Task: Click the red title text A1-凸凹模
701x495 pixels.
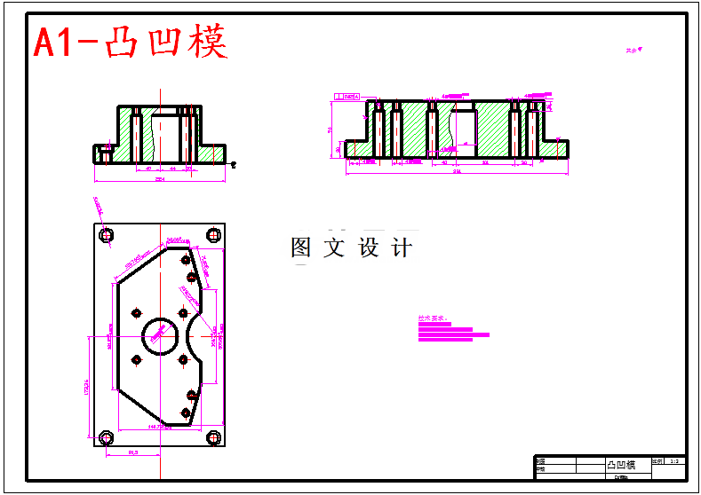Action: pyautogui.click(x=131, y=42)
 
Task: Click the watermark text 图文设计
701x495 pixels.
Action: pyautogui.click(x=352, y=248)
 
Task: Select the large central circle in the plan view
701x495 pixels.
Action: pyautogui.click(x=162, y=335)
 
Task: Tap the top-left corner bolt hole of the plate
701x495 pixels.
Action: pyautogui.click(x=107, y=236)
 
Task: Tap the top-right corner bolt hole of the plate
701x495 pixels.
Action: pyautogui.click(x=213, y=235)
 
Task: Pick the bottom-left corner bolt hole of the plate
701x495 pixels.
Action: pyautogui.click(x=107, y=437)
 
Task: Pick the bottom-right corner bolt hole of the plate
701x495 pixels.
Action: pyautogui.click(x=213, y=437)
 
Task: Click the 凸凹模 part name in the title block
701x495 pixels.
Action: pyautogui.click(x=621, y=465)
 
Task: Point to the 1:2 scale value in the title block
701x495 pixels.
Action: pyautogui.click(x=674, y=461)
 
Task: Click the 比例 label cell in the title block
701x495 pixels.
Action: pyautogui.click(x=657, y=461)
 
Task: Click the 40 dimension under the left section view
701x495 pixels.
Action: pyautogui.click(x=147, y=167)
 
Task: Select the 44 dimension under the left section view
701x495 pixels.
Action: pyautogui.click(x=173, y=167)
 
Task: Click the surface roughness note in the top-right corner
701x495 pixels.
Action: pyautogui.click(x=633, y=51)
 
